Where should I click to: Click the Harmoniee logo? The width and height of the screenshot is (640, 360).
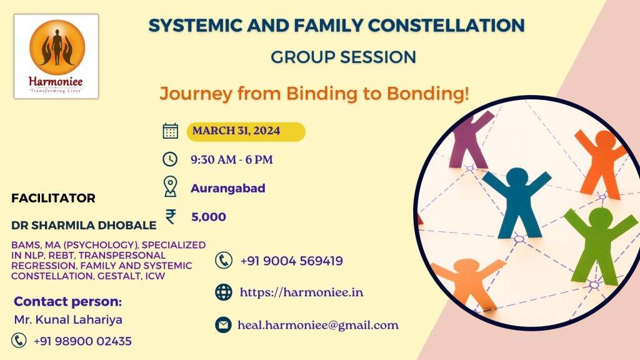pyautogui.click(x=56, y=56)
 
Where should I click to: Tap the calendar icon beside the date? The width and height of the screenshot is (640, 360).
pyautogui.click(x=170, y=131)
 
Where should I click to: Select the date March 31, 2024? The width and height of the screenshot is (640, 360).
pyautogui.click(x=236, y=131)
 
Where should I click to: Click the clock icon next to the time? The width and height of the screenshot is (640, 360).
pyautogui.click(x=170, y=159)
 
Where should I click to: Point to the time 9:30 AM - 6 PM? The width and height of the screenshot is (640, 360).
pyautogui.click(x=231, y=159)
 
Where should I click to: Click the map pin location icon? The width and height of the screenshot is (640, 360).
pyautogui.click(x=170, y=187)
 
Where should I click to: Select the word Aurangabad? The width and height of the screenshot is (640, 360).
pyautogui.click(x=227, y=188)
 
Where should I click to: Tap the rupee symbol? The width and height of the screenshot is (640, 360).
pyautogui.click(x=171, y=216)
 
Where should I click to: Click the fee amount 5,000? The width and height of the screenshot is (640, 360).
pyautogui.click(x=209, y=217)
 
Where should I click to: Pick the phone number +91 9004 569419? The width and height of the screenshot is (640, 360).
pyautogui.click(x=291, y=261)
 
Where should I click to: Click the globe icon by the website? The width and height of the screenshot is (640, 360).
pyautogui.click(x=224, y=292)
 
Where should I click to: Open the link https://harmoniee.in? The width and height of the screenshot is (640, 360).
pyautogui.click(x=301, y=292)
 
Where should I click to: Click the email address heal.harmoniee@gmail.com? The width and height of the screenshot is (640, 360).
pyautogui.click(x=318, y=325)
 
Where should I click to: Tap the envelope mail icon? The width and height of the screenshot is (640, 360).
pyautogui.click(x=223, y=325)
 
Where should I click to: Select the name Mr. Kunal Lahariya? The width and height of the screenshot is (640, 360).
pyautogui.click(x=68, y=319)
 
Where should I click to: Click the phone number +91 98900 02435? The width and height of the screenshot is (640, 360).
pyautogui.click(x=82, y=341)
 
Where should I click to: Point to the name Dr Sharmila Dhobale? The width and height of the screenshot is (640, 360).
pyautogui.click(x=84, y=225)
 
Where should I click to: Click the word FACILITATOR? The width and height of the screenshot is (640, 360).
pyautogui.click(x=53, y=198)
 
